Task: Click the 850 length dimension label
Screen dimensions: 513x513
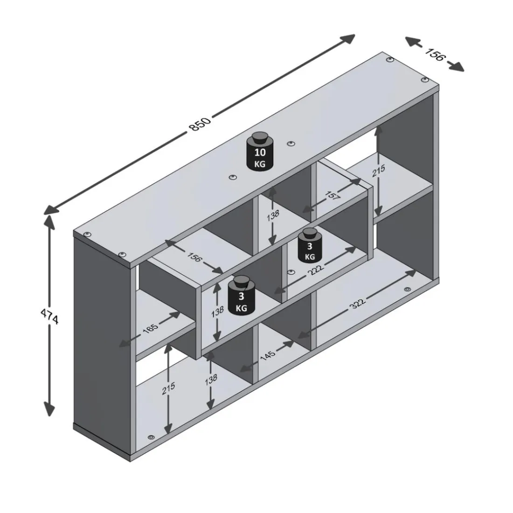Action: coord(200,124)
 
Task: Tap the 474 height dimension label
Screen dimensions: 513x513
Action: coord(49,316)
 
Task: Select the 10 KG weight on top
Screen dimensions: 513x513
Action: coord(260,151)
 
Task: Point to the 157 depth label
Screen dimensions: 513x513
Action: coord(333,196)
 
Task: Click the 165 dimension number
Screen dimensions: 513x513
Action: coord(151,327)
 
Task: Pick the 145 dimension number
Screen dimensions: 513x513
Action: coord(268,355)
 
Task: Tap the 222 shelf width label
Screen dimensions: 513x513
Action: coord(315,270)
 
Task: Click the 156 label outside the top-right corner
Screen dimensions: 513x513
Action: coord(436,54)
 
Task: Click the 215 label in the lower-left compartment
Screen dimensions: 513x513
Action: coord(168,388)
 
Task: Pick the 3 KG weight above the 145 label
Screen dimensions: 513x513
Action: coord(242,295)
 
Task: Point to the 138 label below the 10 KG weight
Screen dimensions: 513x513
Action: coord(273,215)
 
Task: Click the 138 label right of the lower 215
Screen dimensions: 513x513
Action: coord(211,379)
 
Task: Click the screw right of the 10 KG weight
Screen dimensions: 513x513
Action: coord(291,144)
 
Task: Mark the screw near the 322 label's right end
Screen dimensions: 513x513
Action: coord(408,289)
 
